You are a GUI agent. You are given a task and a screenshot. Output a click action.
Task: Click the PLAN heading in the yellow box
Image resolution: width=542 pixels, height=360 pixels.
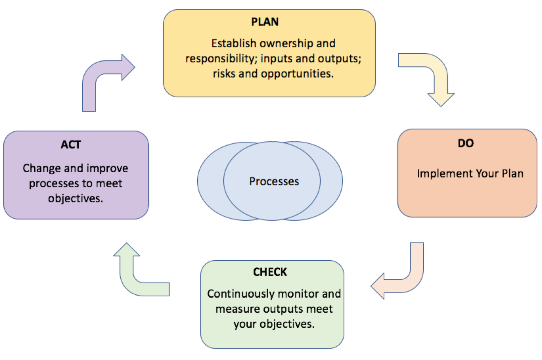[x=265, y=22]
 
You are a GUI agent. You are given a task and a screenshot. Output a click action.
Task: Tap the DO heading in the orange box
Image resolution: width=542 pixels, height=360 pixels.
[x=465, y=143]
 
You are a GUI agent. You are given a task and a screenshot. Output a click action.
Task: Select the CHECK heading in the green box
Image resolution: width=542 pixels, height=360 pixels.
[x=270, y=272]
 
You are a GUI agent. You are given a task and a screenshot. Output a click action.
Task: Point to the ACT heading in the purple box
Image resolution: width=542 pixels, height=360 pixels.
[x=71, y=145]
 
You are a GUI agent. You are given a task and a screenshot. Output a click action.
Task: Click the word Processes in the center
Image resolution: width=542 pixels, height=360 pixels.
[x=274, y=181]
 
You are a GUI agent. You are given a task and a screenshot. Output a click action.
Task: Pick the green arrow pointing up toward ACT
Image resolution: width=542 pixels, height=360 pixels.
[x=134, y=276]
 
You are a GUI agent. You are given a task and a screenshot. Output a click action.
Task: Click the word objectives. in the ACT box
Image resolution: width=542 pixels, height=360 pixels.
[x=75, y=198]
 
